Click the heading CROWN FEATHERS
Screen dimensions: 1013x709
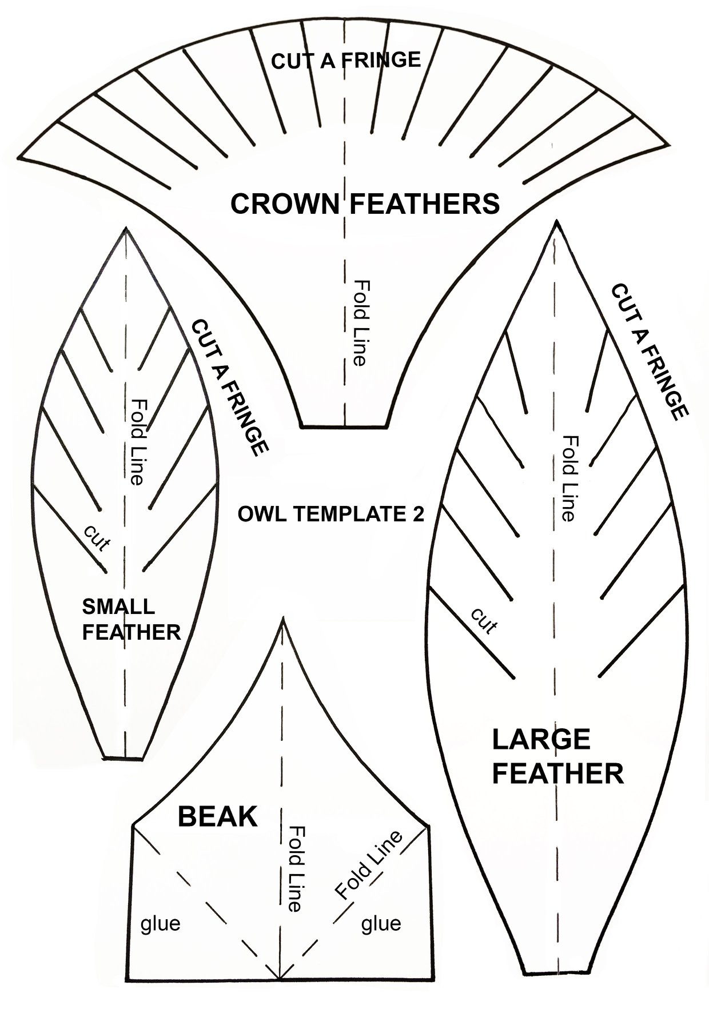(365, 204)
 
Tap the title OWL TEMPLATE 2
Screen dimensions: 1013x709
(331, 515)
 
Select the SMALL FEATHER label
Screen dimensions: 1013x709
(132, 620)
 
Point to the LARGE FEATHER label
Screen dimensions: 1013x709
(557, 756)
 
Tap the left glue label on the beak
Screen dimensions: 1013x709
(160, 923)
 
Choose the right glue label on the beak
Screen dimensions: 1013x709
(381, 923)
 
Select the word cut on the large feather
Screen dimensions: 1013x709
(484, 621)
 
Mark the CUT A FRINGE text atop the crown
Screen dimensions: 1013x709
(346, 60)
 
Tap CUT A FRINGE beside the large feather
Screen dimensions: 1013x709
(649, 352)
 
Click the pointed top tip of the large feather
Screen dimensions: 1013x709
(555, 224)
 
